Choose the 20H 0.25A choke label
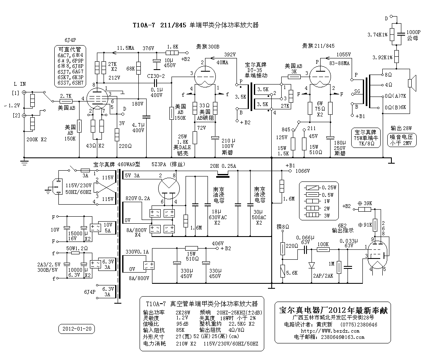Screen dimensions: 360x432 point(224,166)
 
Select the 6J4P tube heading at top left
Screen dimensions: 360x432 point(71,40)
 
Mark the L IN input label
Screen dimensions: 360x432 point(19,84)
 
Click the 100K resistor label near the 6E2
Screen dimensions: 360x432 point(323,245)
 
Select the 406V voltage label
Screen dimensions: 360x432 point(218,243)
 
